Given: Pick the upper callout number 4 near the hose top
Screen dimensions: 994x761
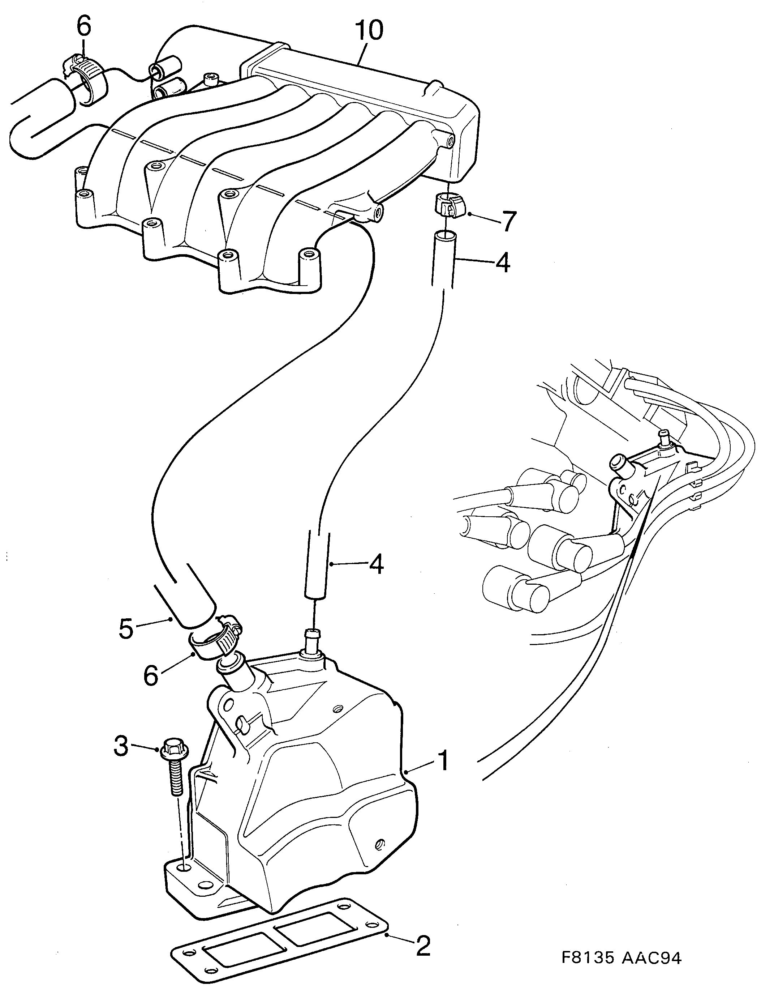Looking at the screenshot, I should tap(502, 263).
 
